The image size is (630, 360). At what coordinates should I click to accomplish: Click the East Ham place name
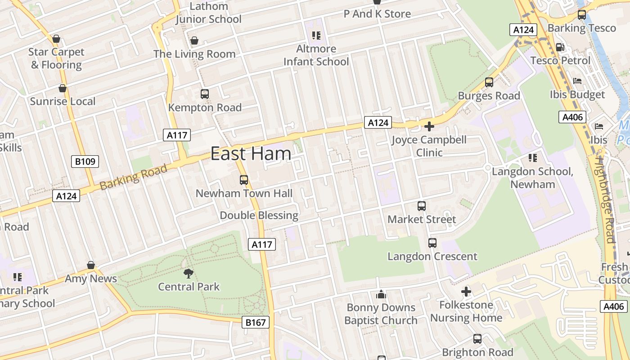(x=251, y=154)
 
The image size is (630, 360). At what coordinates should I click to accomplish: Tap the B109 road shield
(x=85, y=162)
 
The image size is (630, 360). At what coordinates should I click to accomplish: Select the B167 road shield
(x=256, y=322)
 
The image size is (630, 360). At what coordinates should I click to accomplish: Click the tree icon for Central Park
(x=189, y=273)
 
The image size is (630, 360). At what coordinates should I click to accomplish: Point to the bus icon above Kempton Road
(x=205, y=94)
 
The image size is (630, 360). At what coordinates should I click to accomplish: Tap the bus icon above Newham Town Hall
(x=244, y=180)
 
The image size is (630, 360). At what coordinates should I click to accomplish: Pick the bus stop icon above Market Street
(x=422, y=206)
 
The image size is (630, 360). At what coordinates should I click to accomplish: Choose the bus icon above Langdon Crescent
(x=432, y=243)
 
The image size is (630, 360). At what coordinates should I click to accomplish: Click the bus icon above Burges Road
(x=489, y=82)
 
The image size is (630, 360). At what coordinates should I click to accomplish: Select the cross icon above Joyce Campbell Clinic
(x=429, y=126)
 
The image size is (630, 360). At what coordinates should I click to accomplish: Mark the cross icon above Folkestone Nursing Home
(x=466, y=292)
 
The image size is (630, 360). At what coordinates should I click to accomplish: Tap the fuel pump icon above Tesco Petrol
(x=560, y=47)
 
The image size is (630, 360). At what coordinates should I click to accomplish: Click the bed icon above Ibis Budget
(x=577, y=81)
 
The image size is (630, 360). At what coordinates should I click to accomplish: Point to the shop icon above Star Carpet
(x=56, y=39)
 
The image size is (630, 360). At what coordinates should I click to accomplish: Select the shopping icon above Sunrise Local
(x=63, y=88)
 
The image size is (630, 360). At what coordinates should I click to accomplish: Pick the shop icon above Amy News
(x=91, y=265)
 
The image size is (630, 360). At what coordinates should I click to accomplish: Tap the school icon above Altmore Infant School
(x=316, y=35)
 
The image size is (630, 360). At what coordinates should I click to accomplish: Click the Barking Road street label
(x=133, y=177)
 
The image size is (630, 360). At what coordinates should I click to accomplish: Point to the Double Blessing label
(x=259, y=216)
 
